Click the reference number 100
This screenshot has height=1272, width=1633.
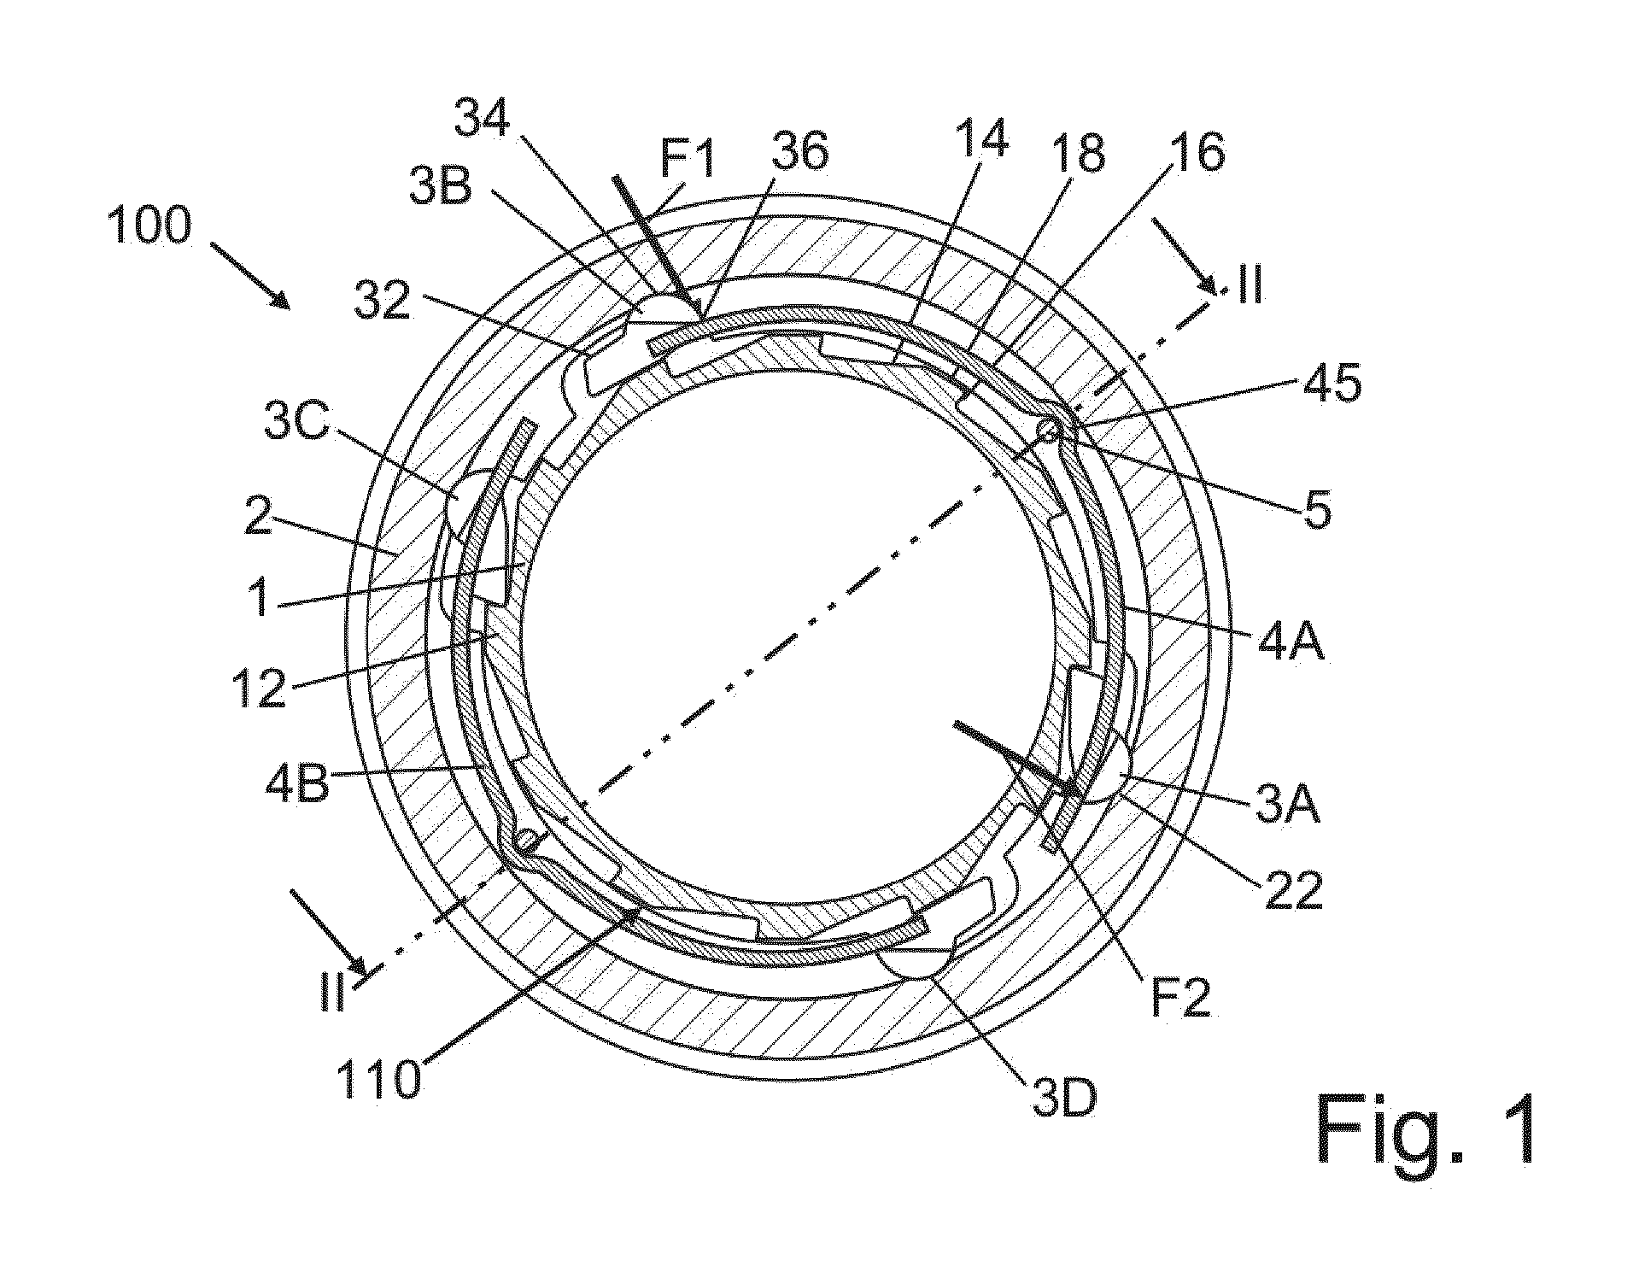point(149,228)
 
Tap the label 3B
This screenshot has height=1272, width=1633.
point(441,188)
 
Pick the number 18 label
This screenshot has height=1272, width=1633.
point(1079,152)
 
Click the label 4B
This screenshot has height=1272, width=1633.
point(297,783)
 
